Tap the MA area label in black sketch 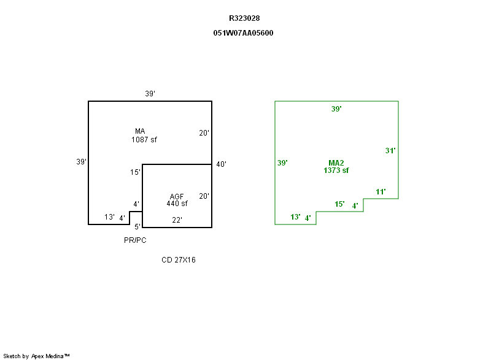tap(140, 131)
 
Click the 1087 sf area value tap(144, 139)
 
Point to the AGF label tap(177, 196)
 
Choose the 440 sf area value tap(177, 204)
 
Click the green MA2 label tap(336, 163)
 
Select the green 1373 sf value tap(336, 170)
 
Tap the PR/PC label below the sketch tap(135, 240)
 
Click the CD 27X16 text tap(179, 260)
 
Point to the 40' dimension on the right tap(222, 164)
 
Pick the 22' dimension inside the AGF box tap(177, 220)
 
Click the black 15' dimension tap(135, 172)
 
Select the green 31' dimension tap(390, 150)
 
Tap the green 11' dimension tap(381, 192)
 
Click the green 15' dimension tap(339, 204)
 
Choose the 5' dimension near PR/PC tap(137, 227)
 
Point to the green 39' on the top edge tap(336, 109)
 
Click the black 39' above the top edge tap(150, 94)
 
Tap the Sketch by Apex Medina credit tap(36, 356)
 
